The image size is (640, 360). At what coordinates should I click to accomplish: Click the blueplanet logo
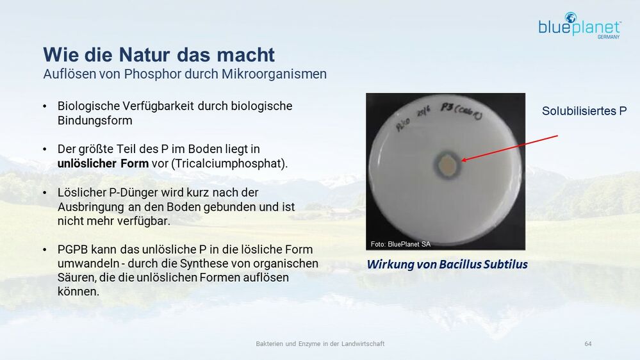click(580, 26)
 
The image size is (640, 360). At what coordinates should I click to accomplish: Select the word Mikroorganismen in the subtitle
click(274, 74)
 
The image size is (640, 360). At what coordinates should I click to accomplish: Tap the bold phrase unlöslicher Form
click(103, 163)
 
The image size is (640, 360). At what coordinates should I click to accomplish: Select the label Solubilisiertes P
click(584, 111)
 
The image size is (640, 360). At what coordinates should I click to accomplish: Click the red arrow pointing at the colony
click(509, 148)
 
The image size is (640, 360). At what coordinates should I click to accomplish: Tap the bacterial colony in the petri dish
click(448, 165)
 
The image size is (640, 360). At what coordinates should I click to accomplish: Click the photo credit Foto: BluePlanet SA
click(400, 244)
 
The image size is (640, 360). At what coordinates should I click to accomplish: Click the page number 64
click(588, 344)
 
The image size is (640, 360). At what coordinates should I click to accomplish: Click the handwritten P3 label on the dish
click(446, 108)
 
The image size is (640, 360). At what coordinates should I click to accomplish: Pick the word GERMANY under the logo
click(608, 37)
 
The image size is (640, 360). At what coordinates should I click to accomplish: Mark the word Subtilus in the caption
click(505, 264)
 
